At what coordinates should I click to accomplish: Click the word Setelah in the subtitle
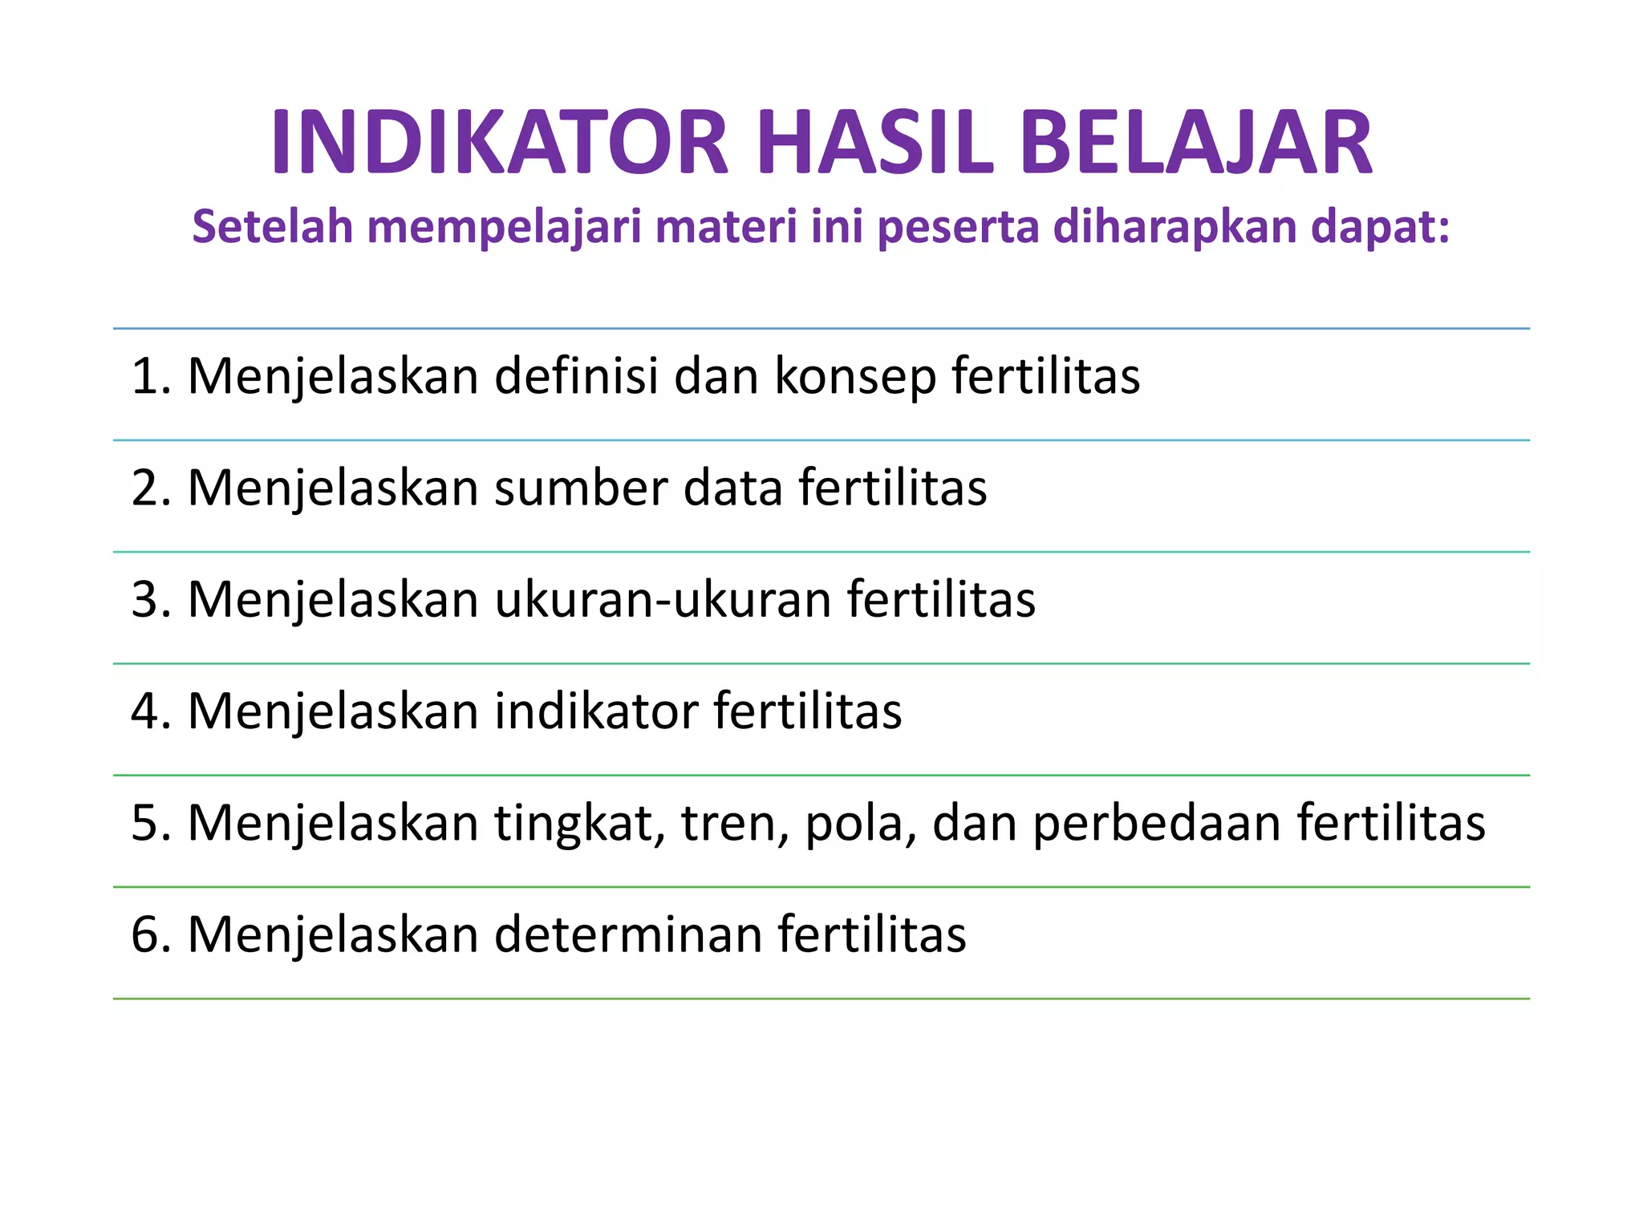[x=273, y=226]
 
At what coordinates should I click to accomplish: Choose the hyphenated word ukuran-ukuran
[x=663, y=599]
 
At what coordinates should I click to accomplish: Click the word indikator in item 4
[x=596, y=711]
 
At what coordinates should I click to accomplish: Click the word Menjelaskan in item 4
[x=333, y=712]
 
